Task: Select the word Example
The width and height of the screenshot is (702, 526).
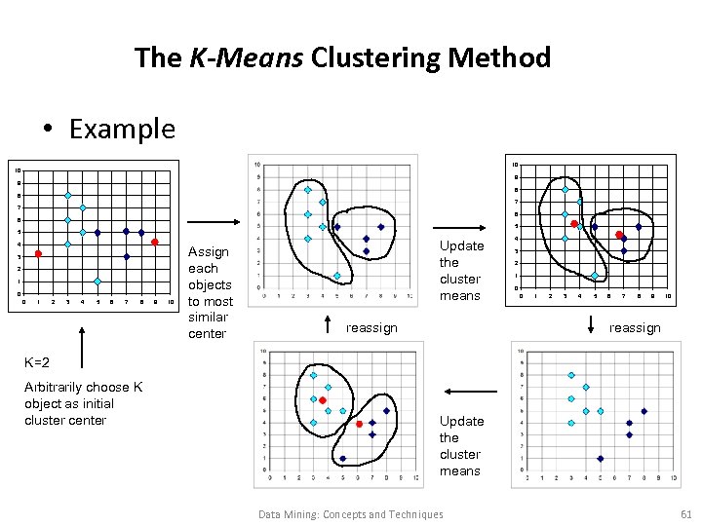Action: click(x=122, y=129)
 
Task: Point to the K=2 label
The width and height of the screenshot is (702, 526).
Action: click(x=36, y=362)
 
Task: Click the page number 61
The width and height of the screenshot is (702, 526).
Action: click(x=685, y=514)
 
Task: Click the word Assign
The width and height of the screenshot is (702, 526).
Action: click(x=208, y=251)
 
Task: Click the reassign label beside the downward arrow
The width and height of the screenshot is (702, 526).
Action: click(x=635, y=328)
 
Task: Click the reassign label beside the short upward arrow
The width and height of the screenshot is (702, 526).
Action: click(x=371, y=328)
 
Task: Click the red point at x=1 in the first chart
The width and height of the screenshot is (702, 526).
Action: click(x=38, y=254)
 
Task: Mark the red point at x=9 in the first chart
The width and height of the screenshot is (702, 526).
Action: click(x=155, y=243)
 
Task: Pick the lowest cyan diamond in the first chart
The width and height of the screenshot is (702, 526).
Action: click(x=97, y=282)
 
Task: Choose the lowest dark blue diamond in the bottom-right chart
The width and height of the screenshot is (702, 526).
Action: click(x=600, y=458)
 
